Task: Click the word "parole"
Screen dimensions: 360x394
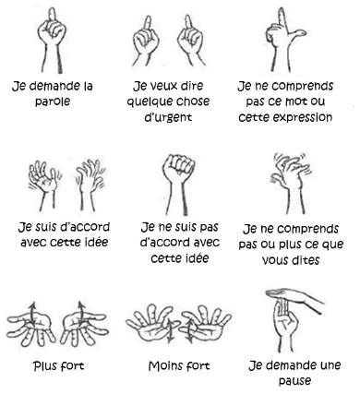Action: [53, 101]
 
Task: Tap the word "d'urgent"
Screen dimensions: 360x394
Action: [168, 117]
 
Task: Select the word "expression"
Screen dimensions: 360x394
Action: [302, 117]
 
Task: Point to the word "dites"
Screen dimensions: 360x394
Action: [306, 260]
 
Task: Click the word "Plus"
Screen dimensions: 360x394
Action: [44, 366]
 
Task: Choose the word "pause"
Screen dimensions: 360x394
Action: [294, 381]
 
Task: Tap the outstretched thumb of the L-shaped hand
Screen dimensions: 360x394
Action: [297, 33]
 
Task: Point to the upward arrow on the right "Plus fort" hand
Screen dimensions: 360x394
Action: [80, 312]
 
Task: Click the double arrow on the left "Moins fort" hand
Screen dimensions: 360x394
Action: [170, 330]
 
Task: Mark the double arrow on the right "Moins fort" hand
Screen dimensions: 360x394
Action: [189, 330]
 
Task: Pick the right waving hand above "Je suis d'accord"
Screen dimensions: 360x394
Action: [90, 185]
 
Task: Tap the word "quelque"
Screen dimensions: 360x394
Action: [146, 101]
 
